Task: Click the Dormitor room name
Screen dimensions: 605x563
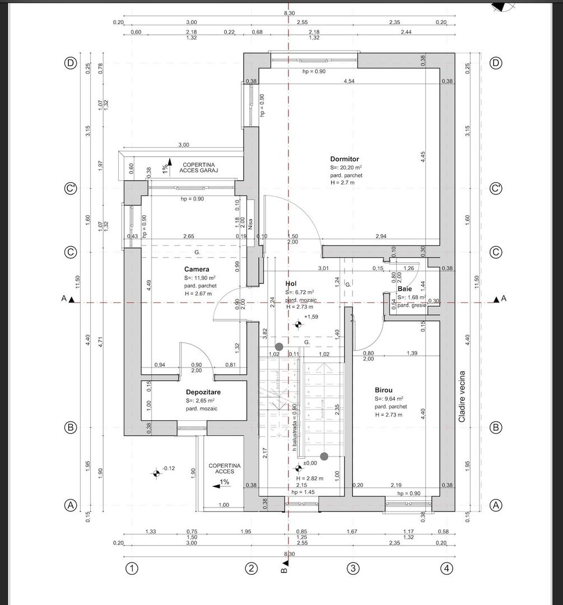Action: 345,159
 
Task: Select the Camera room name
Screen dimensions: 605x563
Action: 197,269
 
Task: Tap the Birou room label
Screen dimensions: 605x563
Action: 384,390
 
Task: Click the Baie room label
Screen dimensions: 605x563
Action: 404,289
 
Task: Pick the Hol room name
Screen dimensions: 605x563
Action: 290,284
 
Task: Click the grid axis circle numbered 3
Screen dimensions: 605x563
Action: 353,569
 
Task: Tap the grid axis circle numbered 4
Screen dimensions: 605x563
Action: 446,569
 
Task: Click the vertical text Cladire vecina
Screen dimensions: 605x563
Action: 462,397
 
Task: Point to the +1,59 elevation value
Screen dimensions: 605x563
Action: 311,317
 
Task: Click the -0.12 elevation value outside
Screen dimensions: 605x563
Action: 169,468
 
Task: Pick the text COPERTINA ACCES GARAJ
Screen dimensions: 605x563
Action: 198,167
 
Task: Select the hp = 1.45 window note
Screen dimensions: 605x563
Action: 303,492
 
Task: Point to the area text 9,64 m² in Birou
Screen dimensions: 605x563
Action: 392,399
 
